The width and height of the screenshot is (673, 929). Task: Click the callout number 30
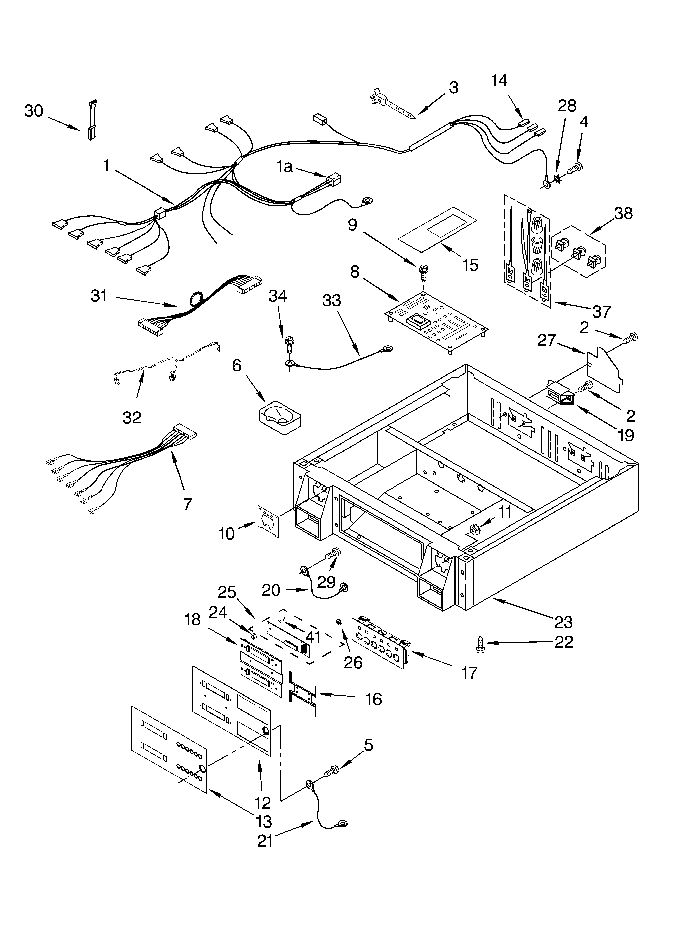pyautogui.click(x=34, y=111)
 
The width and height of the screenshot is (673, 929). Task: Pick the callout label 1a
pyautogui.click(x=284, y=167)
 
